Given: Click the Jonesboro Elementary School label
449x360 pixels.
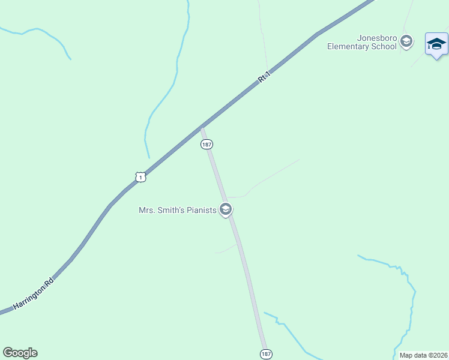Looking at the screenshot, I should (362, 41).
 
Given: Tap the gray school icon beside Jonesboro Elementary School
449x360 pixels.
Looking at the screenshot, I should (406, 41).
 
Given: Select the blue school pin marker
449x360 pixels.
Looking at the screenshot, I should (436, 44).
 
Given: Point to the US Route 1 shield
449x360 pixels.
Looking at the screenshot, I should (140, 177).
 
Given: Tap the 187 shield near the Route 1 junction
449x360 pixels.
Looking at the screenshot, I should (206, 145).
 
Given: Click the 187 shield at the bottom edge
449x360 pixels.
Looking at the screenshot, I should (265, 354).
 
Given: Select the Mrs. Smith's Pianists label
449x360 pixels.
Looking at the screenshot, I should (177, 210).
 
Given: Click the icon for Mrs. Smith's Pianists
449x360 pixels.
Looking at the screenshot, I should (226, 209).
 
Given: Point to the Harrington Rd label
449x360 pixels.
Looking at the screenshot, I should (34, 293).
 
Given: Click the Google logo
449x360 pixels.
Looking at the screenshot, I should (20, 353).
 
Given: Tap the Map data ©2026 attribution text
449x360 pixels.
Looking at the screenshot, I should (423, 355).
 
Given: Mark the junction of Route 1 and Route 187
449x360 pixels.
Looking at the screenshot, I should (202, 127).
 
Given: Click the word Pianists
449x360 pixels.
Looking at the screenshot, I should (200, 210).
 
